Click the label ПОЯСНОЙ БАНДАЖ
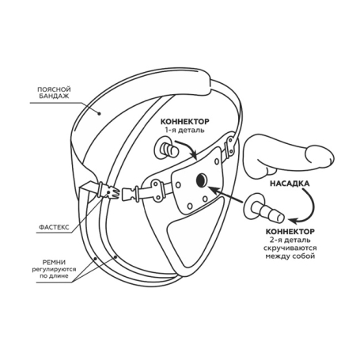click(54, 93)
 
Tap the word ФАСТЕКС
click(54, 227)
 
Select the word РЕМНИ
click(54, 263)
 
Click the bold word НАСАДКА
click(290, 184)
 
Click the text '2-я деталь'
click(290, 240)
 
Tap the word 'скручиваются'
click(290, 248)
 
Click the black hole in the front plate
click(202, 180)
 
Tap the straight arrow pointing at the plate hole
click(225, 195)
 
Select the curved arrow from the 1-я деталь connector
click(188, 148)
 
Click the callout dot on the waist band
click(100, 114)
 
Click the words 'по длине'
click(54, 276)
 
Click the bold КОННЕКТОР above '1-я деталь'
click(184, 122)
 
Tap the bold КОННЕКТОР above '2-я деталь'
click(290, 232)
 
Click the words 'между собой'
click(290, 256)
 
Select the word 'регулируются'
click(54, 270)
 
